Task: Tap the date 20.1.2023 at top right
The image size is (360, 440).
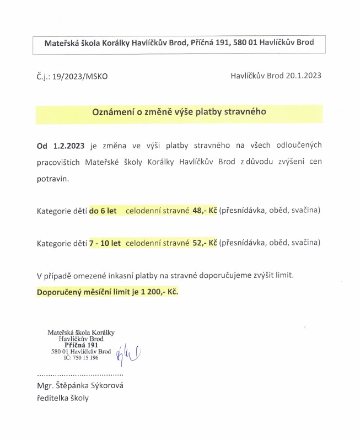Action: [303, 76]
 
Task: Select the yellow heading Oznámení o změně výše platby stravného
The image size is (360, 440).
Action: [179, 111]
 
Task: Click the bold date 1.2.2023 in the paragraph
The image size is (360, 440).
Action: [69, 146]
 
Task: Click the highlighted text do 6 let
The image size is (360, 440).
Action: [103, 211]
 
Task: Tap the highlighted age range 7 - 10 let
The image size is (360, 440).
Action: [105, 242]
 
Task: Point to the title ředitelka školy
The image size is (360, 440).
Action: [62, 398]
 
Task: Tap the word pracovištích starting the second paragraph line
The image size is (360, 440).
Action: [59, 162]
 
